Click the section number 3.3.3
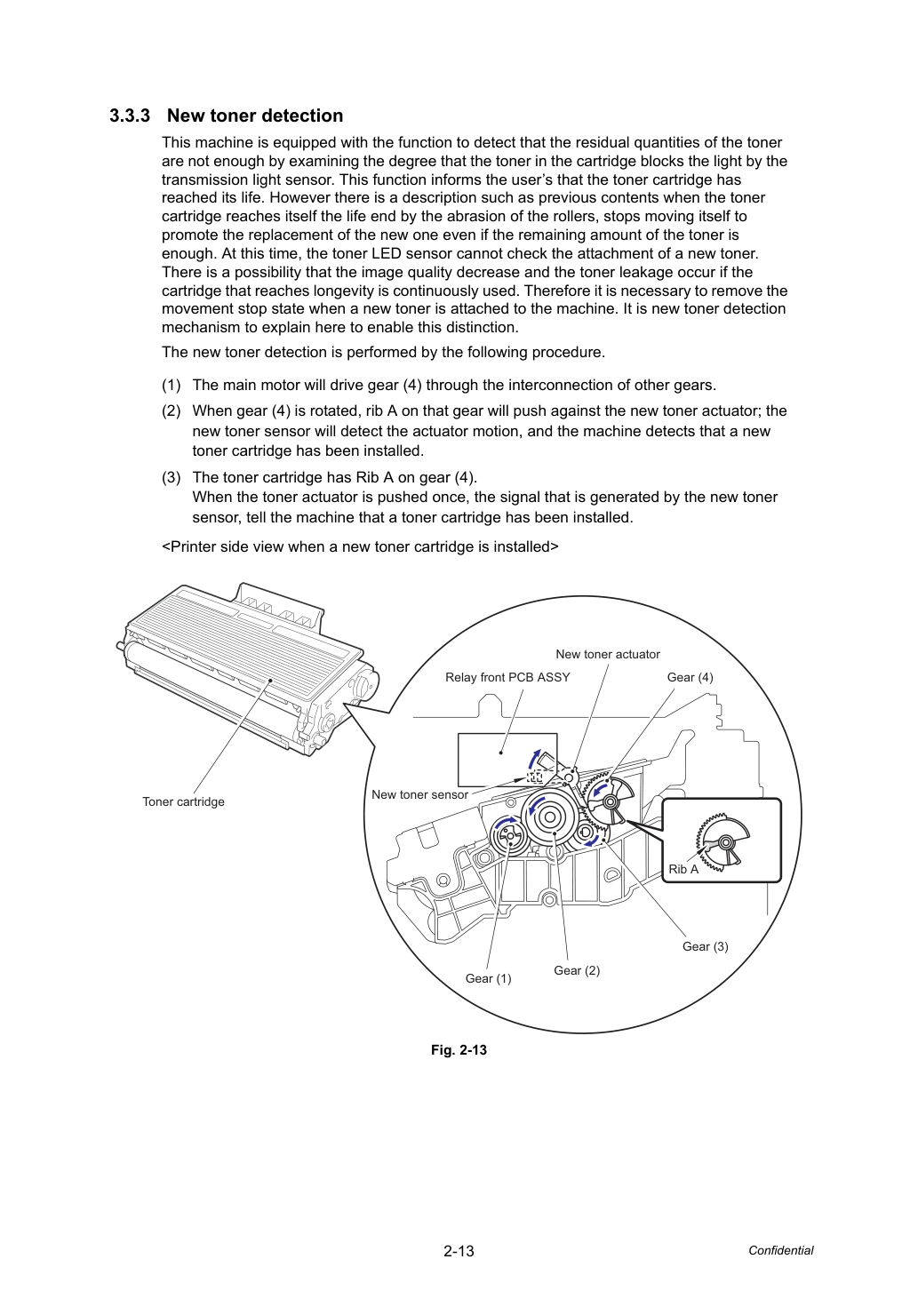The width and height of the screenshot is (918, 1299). pos(130,116)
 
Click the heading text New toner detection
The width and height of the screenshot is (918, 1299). pos(255,116)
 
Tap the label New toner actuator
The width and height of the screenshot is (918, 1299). pos(608,654)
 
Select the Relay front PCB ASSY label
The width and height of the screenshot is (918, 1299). pos(507,677)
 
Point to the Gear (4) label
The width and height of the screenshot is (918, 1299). pos(690,677)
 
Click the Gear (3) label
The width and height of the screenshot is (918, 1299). pos(706,946)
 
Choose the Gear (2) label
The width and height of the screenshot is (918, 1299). pos(577,970)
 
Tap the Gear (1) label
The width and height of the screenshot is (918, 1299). pos(488,978)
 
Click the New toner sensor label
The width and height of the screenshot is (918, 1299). pos(419,794)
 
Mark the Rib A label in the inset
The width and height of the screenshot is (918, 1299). pos(683,869)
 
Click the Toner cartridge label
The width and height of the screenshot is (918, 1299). pos(183,801)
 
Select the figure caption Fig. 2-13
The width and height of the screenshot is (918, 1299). pos(459,1050)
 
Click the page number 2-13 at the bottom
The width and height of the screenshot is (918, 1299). pos(459,1251)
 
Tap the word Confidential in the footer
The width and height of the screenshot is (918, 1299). pos(780,1250)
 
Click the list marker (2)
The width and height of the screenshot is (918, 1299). pos(172,411)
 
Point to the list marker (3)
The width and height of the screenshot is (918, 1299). pos(172,478)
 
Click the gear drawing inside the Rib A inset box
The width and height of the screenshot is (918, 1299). pos(722,841)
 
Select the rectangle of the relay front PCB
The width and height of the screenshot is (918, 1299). pos(507,760)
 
